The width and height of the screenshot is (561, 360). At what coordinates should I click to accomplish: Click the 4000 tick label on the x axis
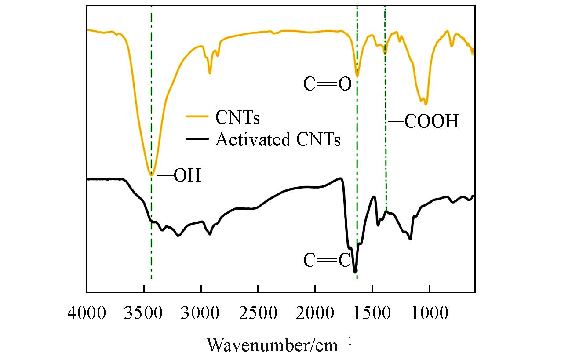coord(87,315)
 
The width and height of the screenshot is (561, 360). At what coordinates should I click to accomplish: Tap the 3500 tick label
coord(144,315)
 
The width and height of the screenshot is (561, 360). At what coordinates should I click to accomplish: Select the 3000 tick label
coord(201,315)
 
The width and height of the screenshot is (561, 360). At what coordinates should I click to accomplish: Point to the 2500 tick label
coord(258,315)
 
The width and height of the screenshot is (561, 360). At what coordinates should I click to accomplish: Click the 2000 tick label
coord(315,315)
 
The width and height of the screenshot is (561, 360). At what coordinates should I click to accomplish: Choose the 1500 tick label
coord(372,315)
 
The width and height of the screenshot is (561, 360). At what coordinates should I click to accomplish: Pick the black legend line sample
coord(198,139)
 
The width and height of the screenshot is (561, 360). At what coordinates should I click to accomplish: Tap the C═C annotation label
coord(327,261)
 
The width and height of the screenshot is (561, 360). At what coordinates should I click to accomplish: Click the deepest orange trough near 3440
coord(151,175)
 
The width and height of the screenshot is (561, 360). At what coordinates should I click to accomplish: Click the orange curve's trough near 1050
coord(425,104)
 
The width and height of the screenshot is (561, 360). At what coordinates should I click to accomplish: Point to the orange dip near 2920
coord(210,73)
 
